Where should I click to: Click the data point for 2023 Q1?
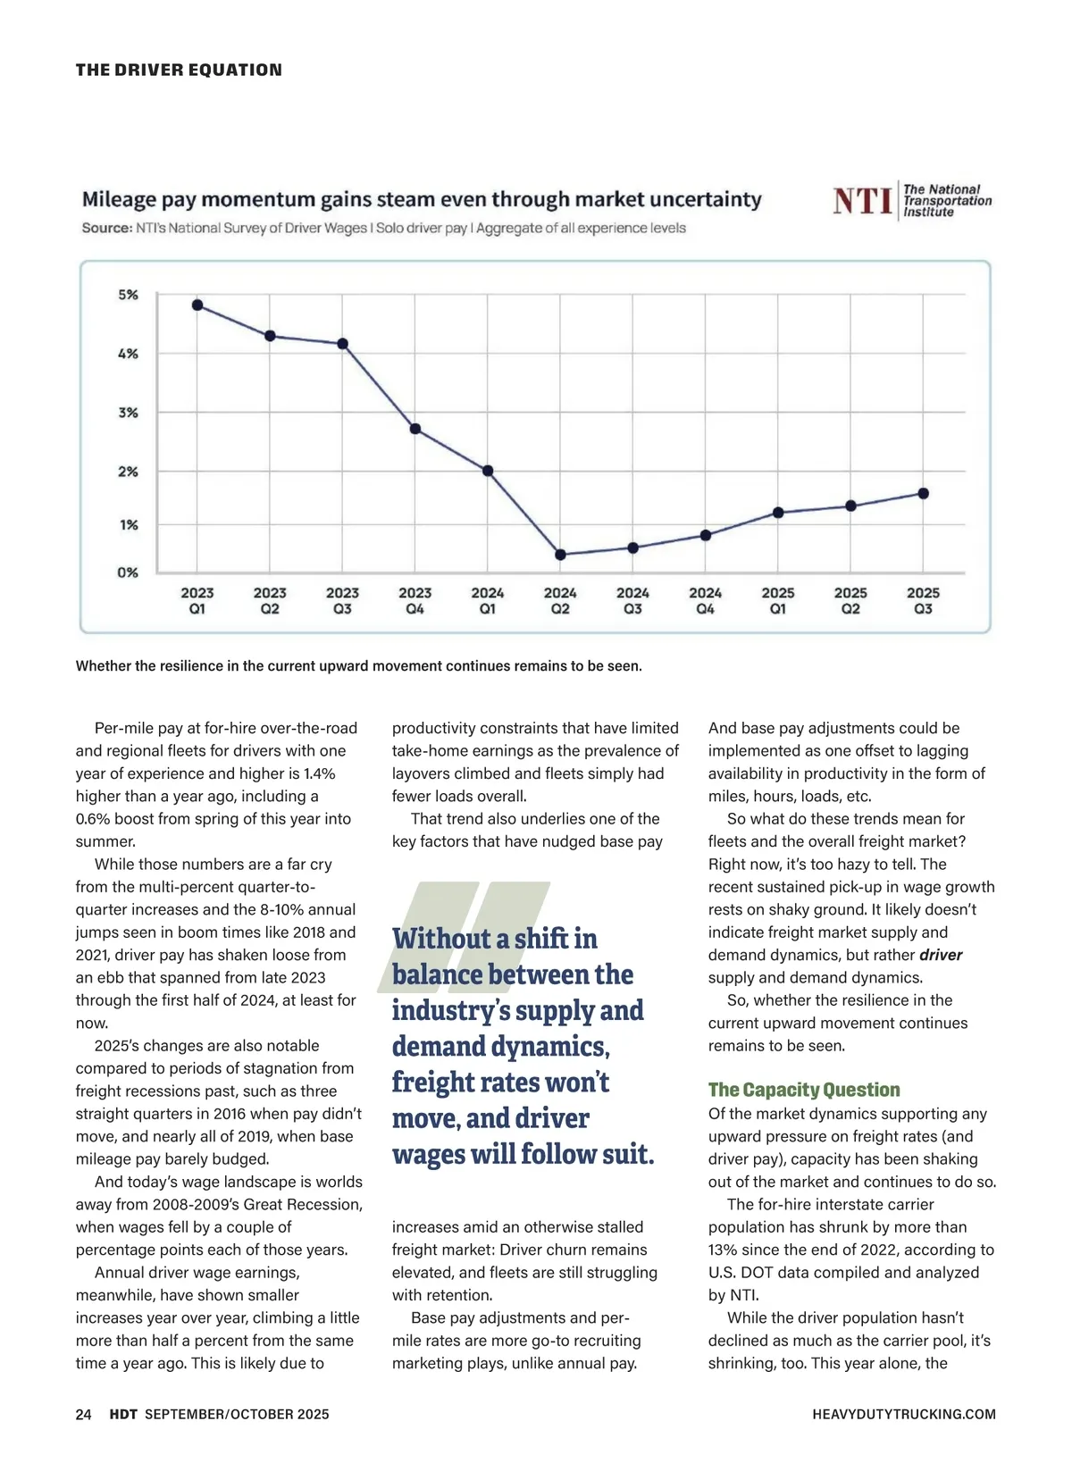click(197, 305)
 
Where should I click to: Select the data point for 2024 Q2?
click(560, 555)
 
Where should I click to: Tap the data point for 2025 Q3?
click(923, 493)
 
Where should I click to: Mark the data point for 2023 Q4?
click(415, 429)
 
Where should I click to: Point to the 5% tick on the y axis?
click(129, 295)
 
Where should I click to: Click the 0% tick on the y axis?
click(129, 573)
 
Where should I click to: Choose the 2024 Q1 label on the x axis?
click(488, 600)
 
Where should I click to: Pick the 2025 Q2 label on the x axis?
click(850, 600)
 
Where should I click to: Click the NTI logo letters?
click(862, 201)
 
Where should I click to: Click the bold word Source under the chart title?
click(106, 228)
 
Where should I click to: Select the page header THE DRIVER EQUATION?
click(179, 70)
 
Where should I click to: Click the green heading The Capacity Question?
click(804, 1090)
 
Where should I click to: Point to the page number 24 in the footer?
click(84, 1414)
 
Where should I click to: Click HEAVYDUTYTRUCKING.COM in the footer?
click(904, 1414)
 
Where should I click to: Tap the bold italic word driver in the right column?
click(941, 955)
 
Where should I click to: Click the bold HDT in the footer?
click(123, 1414)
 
